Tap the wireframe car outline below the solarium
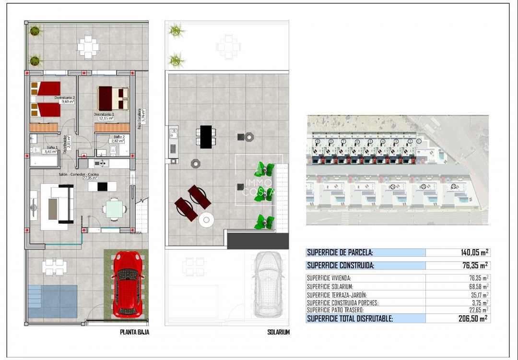pos(268,285)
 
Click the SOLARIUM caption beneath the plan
pos(278,332)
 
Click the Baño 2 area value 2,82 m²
pos(118,141)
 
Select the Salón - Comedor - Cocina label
pos(78,176)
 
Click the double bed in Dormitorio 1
pos(113,98)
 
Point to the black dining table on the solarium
pos(206,137)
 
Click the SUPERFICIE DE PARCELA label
pos(340,252)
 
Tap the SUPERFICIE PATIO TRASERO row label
pos(339,310)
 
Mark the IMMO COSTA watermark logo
pos(259,188)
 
